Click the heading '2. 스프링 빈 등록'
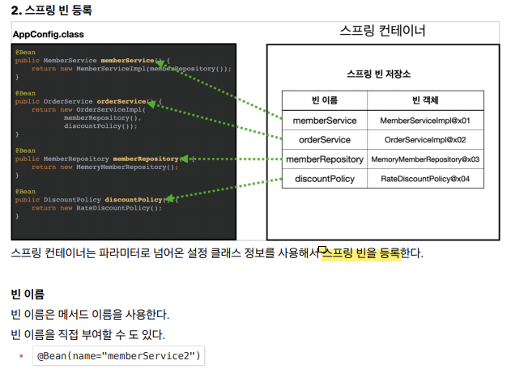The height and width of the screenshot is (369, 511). [52, 11]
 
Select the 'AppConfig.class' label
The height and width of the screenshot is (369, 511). [48, 34]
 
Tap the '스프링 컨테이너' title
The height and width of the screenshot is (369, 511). [382, 31]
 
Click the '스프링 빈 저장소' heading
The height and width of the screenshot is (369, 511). [378, 74]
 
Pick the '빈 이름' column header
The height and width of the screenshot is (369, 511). [324, 100]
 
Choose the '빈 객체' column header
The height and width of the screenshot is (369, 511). [425, 100]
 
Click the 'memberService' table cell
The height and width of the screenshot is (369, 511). [324, 120]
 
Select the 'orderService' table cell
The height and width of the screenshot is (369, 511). [324, 139]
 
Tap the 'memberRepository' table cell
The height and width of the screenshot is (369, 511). [324, 159]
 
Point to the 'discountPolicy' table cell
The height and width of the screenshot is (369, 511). [324, 179]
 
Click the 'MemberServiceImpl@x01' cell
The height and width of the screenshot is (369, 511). [425, 120]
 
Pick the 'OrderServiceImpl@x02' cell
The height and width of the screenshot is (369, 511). [425, 139]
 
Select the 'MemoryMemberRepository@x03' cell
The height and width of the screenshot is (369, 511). [425, 159]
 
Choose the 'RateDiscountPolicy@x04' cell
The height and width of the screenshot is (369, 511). [425, 179]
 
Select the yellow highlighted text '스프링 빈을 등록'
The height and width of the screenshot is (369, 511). [362, 252]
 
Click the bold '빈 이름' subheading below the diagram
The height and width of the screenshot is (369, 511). [28, 294]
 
